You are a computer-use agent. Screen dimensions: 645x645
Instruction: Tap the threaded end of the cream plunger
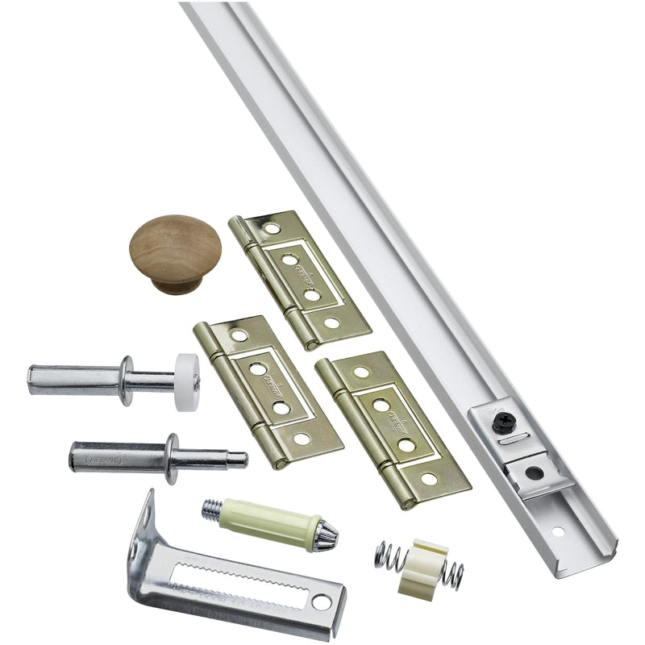tap(212, 508)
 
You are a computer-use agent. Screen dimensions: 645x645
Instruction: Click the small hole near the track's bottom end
tap(557, 531)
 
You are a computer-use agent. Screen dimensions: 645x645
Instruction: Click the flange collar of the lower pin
tap(171, 458)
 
